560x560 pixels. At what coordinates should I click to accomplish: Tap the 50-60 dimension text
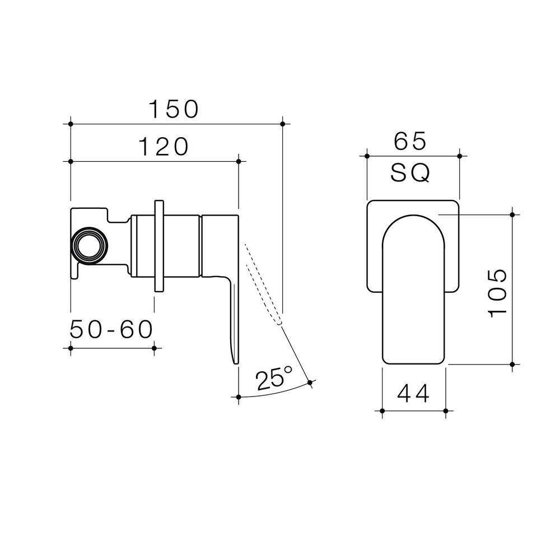[x=111, y=330]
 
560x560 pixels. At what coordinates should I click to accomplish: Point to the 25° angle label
[x=274, y=380]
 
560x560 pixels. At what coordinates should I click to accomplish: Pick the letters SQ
[x=410, y=174]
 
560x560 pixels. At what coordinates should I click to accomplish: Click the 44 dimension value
[x=414, y=394]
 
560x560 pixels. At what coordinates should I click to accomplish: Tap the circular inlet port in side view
[x=89, y=244]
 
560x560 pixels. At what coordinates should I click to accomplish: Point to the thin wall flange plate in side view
[x=159, y=245]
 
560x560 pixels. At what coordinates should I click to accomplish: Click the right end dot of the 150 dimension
[x=282, y=123]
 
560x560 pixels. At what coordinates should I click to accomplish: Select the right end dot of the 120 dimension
[x=239, y=161]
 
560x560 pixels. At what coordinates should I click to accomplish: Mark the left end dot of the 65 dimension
[x=367, y=156]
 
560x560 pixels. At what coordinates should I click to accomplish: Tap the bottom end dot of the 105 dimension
[x=512, y=364]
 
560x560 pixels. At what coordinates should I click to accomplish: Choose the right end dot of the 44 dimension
[x=446, y=412]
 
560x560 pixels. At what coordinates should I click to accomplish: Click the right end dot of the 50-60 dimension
[x=154, y=348]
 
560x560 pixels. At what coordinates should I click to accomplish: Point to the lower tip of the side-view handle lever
[x=235, y=361]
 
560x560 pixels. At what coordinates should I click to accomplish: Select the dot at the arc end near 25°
[x=310, y=382]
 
